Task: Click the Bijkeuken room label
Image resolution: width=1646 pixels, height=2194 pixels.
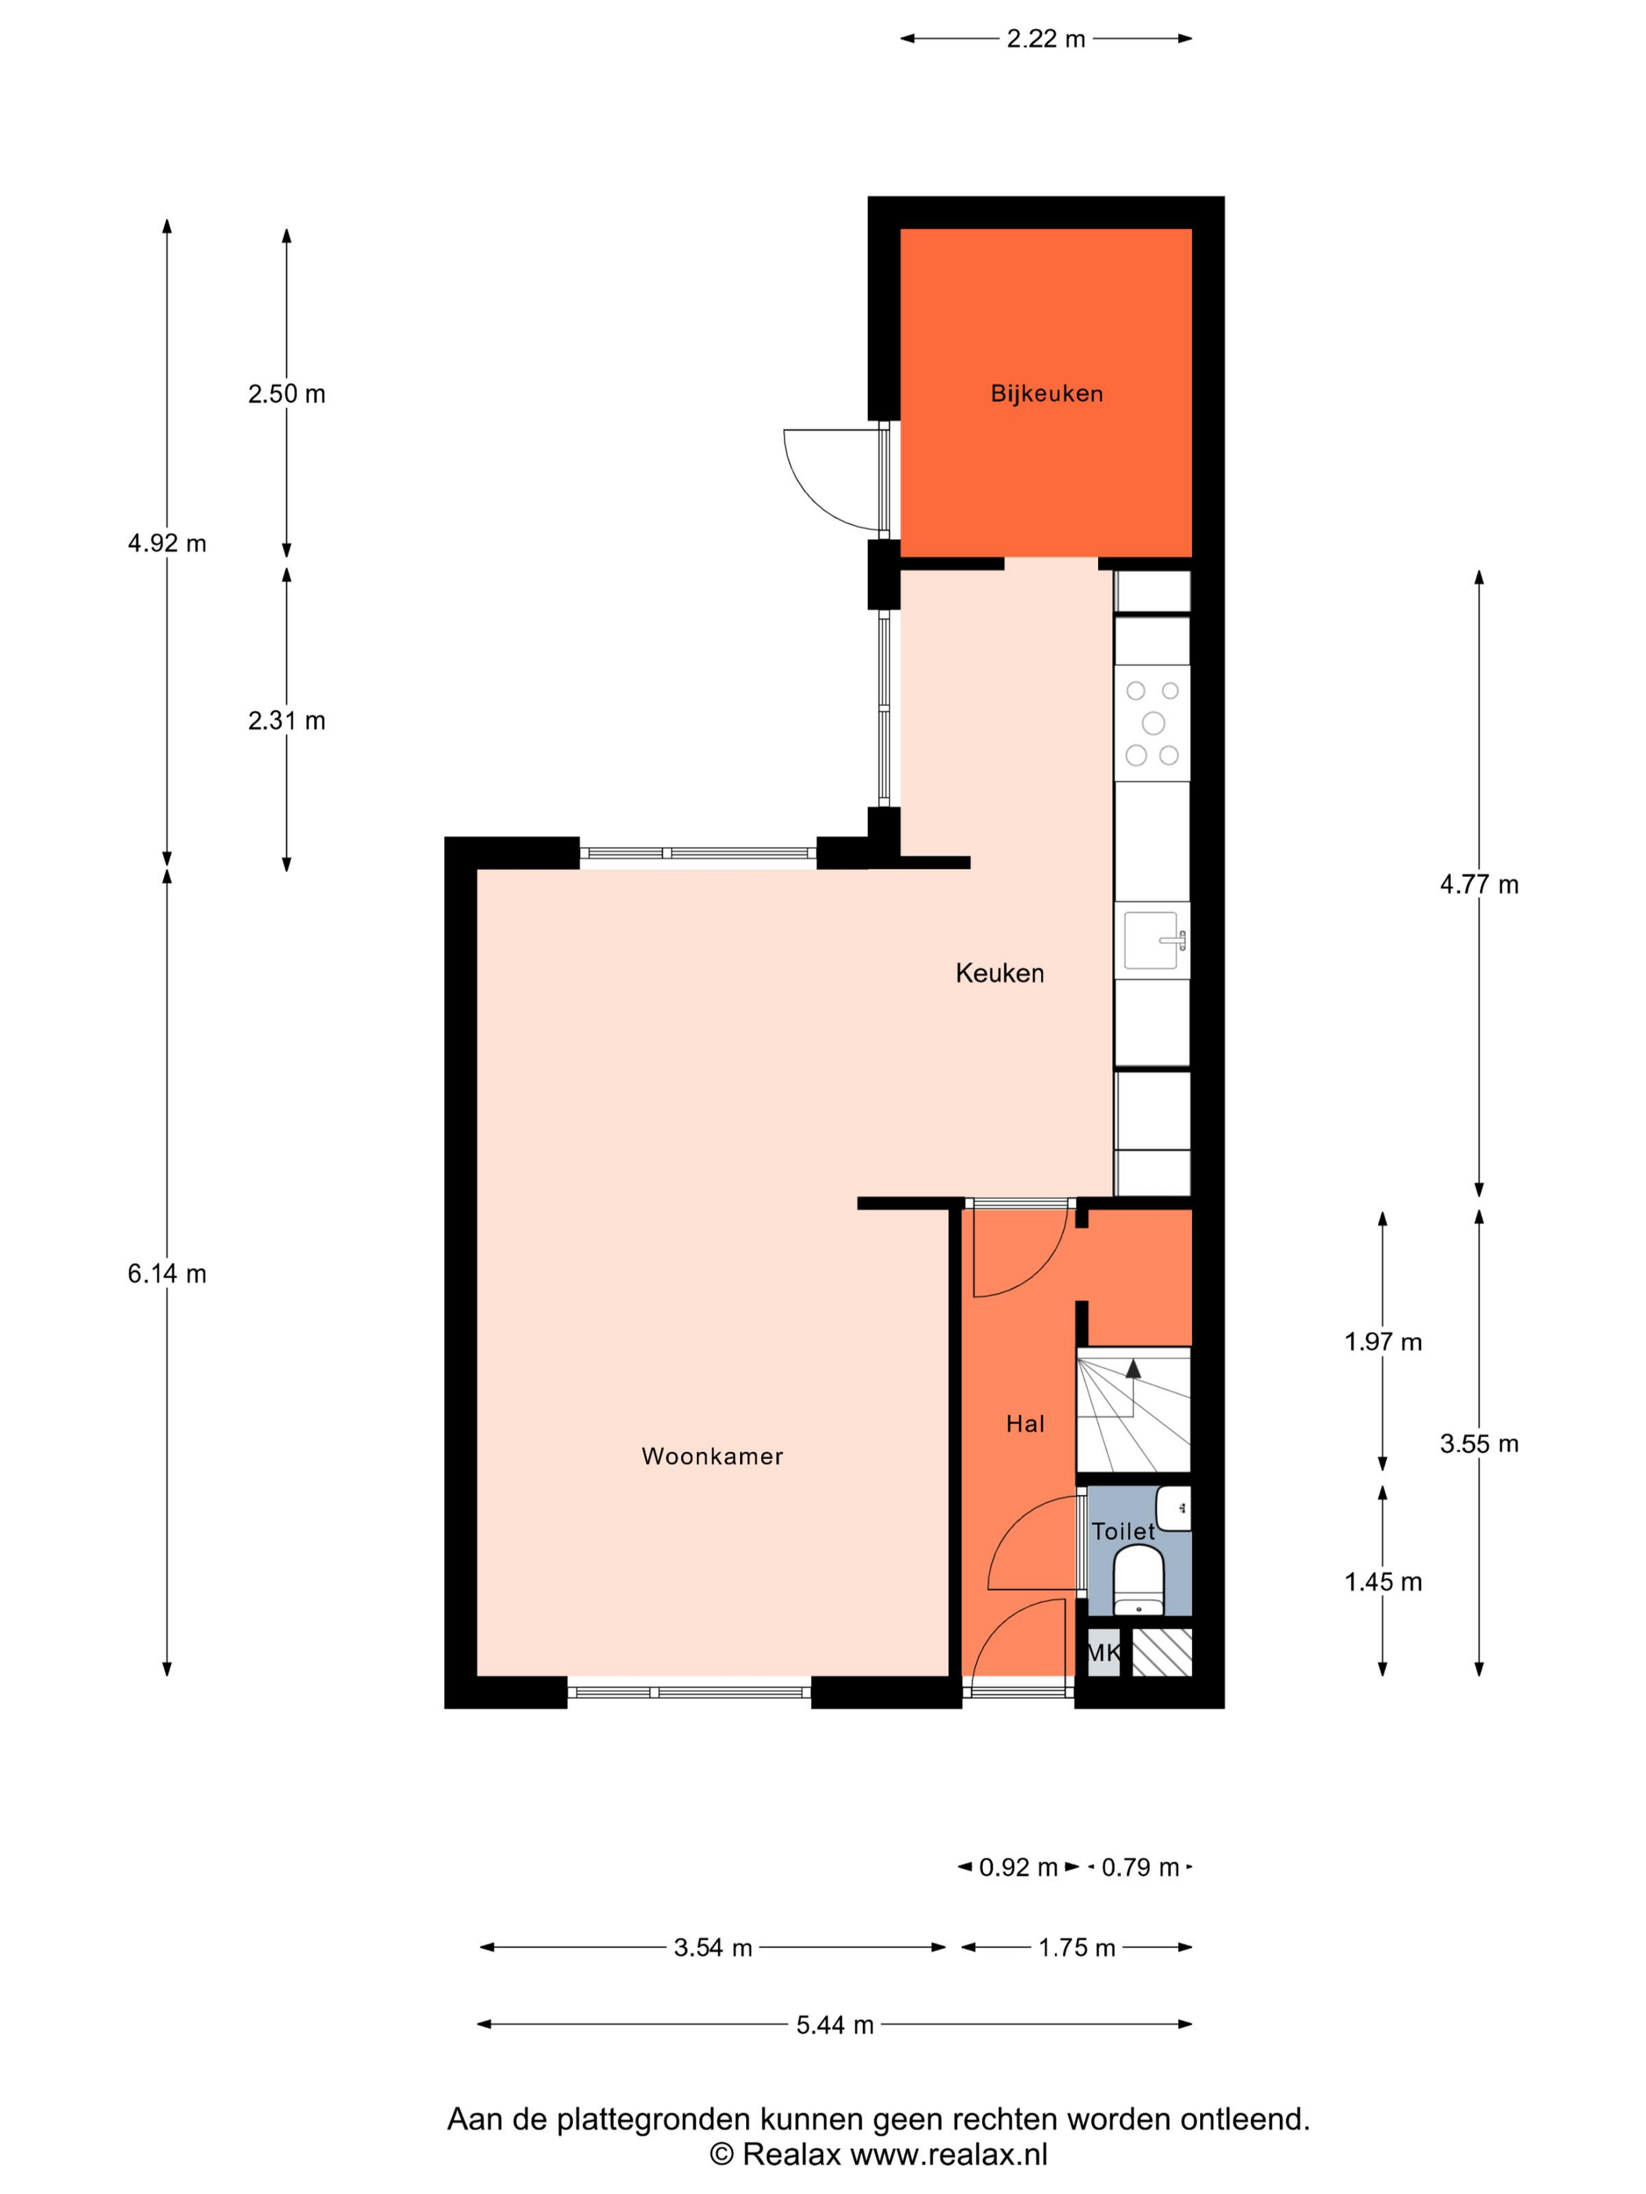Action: click(x=1046, y=394)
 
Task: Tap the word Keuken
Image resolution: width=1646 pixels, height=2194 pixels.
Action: click(x=999, y=973)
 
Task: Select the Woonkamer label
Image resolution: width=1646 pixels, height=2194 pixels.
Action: click(x=712, y=1456)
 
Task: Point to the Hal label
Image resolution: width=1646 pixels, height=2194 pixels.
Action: click(x=1025, y=1425)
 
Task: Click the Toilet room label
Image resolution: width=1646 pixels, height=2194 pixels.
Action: click(x=1123, y=1531)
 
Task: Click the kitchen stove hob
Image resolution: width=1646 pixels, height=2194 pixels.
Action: click(x=1152, y=722)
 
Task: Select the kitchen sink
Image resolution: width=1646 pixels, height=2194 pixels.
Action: click(x=1153, y=940)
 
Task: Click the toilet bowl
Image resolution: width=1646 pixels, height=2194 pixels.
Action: click(x=1138, y=1580)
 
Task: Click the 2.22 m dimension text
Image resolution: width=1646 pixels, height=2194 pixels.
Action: click(x=1046, y=38)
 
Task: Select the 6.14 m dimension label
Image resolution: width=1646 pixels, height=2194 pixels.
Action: click(x=167, y=1273)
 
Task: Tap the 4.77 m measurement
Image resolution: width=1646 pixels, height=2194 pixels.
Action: click(x=1478, y=884)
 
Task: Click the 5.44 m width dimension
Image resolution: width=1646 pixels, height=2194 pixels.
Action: click(x=835, y=2026)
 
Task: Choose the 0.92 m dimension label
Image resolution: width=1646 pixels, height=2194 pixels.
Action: click(x=1018, y=1868)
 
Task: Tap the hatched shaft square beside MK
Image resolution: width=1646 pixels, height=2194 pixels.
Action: click(x=1162, y=1653)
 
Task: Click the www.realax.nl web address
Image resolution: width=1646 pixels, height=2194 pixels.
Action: click(x=948, y=2154)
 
